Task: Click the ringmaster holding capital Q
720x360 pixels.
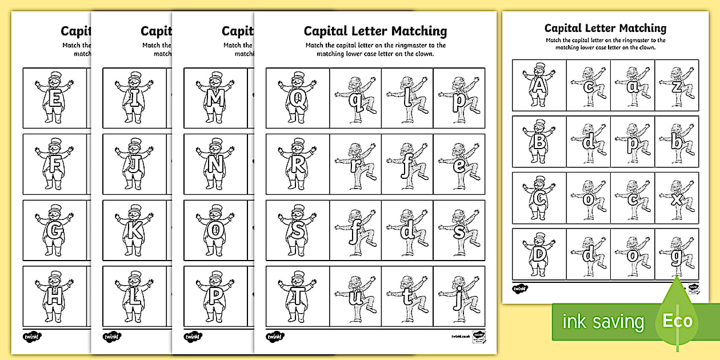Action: tap(297, 97)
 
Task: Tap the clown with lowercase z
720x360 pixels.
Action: tap(677, 86)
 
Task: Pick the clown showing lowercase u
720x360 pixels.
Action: tap(355, 297)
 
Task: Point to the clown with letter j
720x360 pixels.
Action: tap(459, 297)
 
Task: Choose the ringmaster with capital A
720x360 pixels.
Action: tap(538, 86)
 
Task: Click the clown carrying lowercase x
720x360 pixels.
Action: tap(677, 198)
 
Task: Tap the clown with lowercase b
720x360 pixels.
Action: tap(677, 142)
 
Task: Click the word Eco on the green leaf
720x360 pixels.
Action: tap(677, 320)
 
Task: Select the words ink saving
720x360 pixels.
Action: tap(602, 322)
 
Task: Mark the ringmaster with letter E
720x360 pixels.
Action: tap(55, 97)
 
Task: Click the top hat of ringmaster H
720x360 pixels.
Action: tap(55, 275)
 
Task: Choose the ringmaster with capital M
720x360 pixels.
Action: tap(215, 97)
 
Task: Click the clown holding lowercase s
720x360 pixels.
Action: tap(459, 231)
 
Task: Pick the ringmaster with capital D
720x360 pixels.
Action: tap(538, 254)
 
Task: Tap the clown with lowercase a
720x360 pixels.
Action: tap(632, 86)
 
